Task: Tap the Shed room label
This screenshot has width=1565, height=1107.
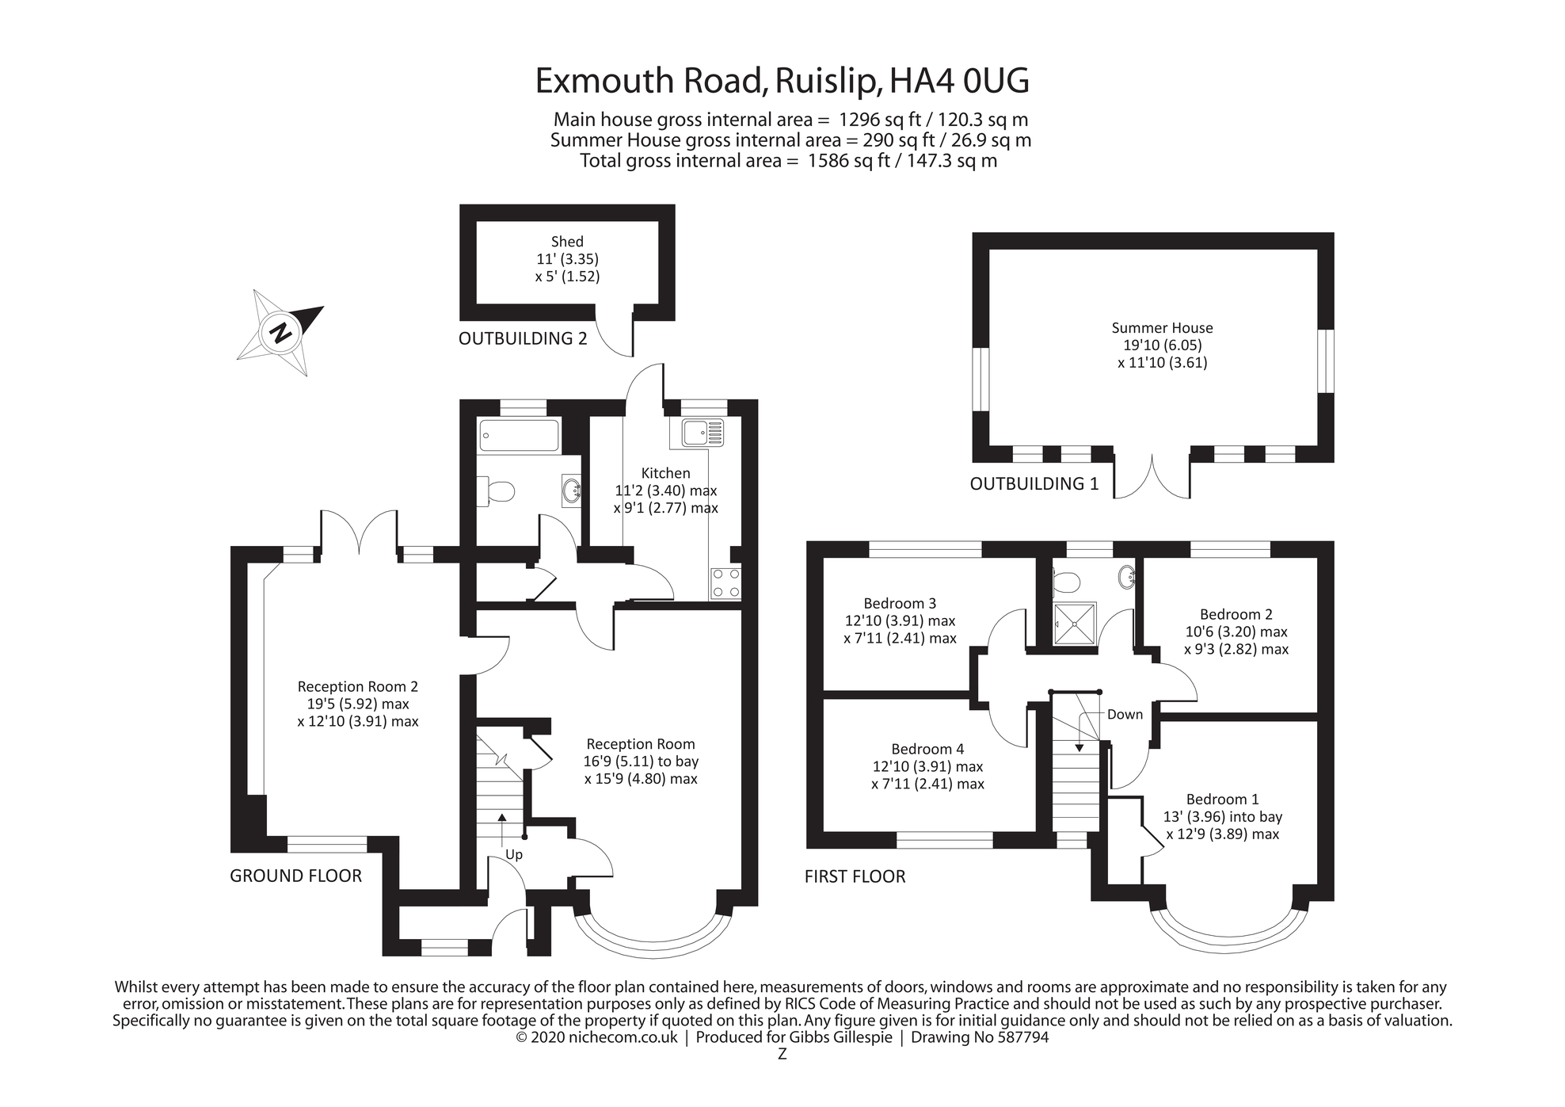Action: (567, 242)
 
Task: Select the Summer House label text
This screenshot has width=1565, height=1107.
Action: (1162, 328)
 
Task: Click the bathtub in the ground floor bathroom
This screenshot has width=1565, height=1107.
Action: (519, 436)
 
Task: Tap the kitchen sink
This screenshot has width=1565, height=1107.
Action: (702, 433)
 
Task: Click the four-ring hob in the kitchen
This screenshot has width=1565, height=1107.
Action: (725, 582)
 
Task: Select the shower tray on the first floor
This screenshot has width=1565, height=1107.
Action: (1075, 624)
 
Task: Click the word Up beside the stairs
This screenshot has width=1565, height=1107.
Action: (514, 855)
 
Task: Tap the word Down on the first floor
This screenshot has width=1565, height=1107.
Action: (1125, 715)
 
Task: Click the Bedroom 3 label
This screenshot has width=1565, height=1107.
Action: (900, 604)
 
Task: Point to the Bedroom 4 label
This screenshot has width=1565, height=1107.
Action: (927, 749)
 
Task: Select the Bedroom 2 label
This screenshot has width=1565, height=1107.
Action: (1236, 614)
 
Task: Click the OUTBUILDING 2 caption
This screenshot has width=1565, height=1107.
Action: (523, 339)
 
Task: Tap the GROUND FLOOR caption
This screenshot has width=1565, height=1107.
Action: (295, 876)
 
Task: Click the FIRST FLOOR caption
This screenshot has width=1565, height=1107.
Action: (855, 876)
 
